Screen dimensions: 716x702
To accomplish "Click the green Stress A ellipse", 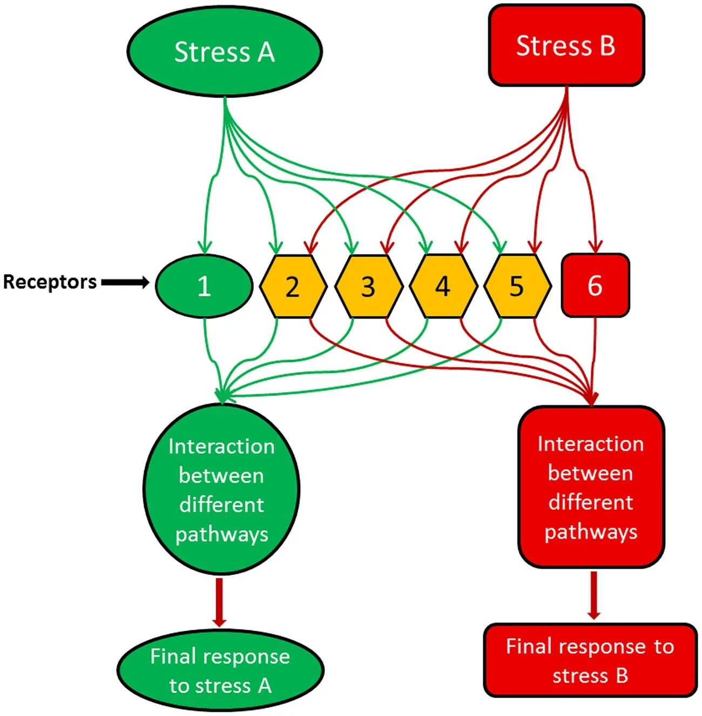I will [x=225, y=51].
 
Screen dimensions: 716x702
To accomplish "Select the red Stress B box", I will [x=566, y=45].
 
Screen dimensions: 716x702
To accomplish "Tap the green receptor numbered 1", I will [x=204, y=285].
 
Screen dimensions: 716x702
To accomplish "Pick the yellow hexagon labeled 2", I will [x=293, y=286].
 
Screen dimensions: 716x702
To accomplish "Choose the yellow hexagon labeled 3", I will [x=368, y=286].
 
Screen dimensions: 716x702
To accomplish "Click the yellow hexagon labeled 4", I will [x=443, y=286].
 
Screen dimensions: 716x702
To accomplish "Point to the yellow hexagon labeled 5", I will [x=517, y=286].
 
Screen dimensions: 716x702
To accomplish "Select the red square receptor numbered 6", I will [x=595, y=285].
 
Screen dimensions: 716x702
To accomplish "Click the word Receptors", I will [x=50, y=282].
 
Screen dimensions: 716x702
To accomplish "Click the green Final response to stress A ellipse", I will [x=220, y=670].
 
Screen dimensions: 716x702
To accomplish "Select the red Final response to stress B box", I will [x=590, y=660].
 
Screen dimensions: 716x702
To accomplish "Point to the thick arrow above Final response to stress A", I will [x=219, y=602].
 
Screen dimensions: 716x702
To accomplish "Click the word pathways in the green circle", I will [x=221, y=535].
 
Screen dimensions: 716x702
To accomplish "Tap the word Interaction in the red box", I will [x=590, y=444].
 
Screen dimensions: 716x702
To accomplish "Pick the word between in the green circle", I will [x=221, y=476].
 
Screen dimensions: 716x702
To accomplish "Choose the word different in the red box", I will [x=590, y=502].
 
